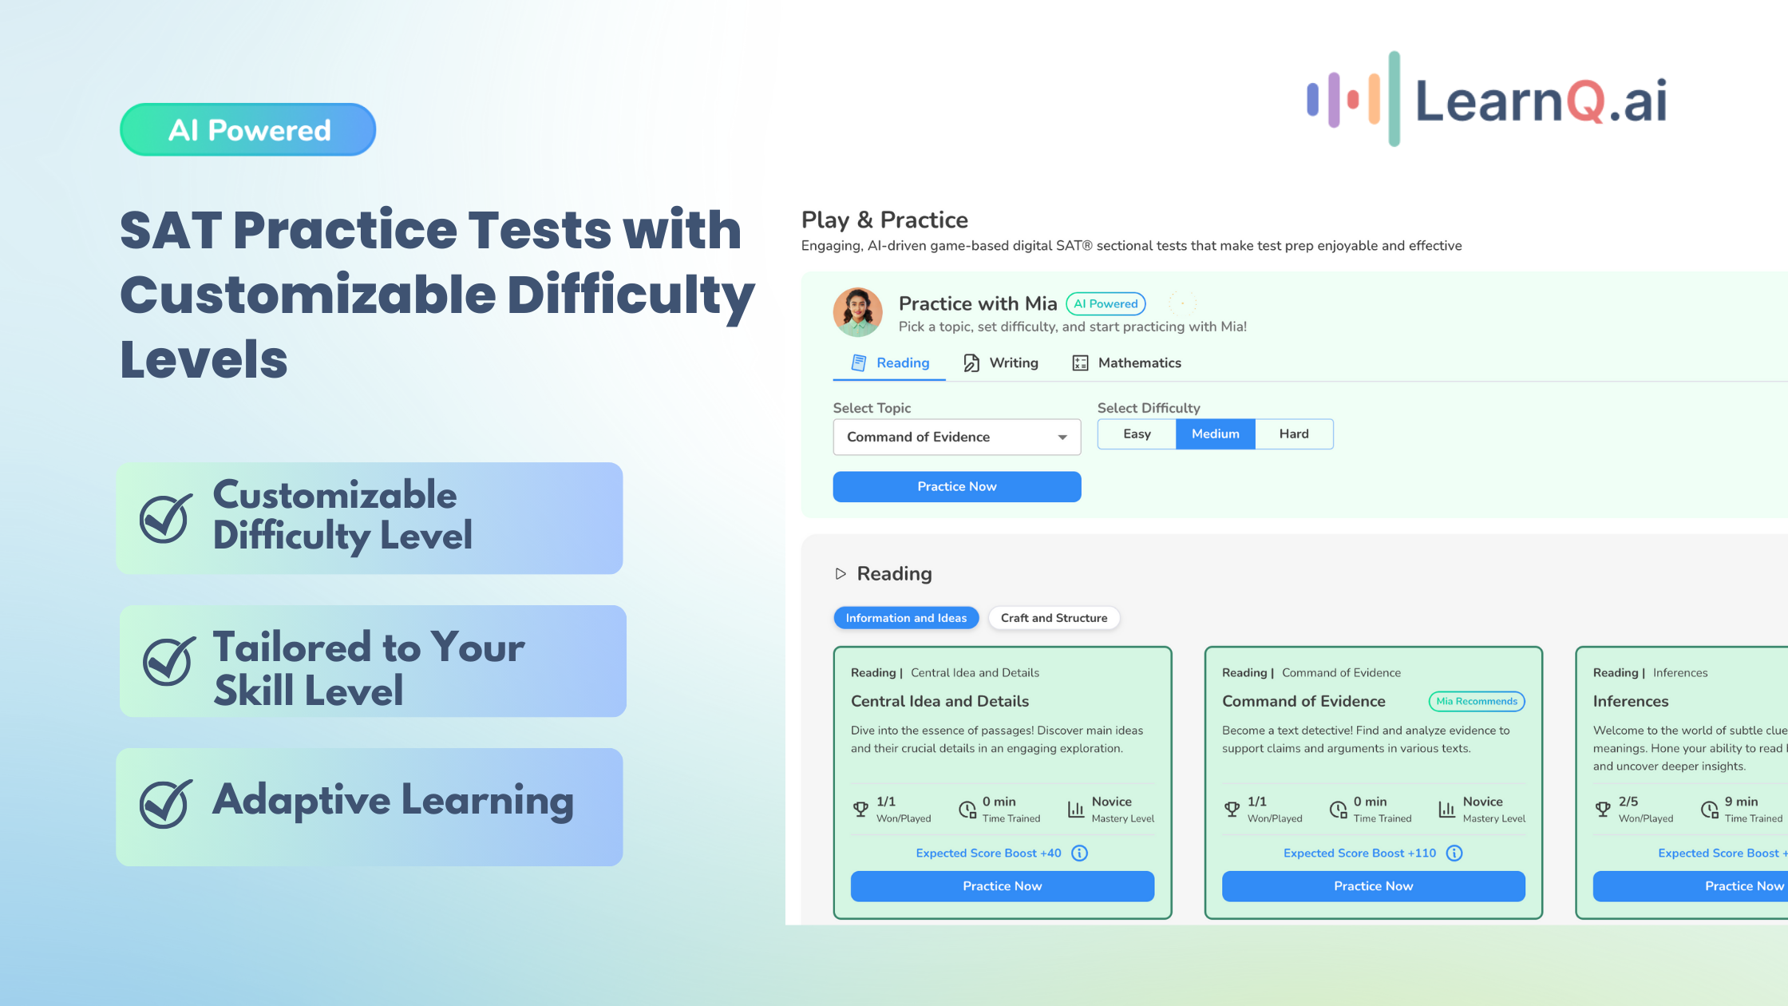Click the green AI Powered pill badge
pos(248,129)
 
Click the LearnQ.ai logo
pos(1486,100)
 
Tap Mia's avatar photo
pos(857,312)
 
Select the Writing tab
pos(1001,363)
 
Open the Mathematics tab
pos(1126,363)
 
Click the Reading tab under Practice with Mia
pos(890,363)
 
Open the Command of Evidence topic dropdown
pos(957,437)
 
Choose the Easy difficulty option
pos(1137,434)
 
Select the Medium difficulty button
pos(1216,434)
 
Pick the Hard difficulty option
pos(1294,434)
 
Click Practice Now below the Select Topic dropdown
pos(957,487)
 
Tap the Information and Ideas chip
pos(906,618)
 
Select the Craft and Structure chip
pos(1054,618)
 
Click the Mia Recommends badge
pos(1477,702)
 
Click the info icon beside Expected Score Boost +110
pos(1454,854)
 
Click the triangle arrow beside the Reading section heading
pos(841,574)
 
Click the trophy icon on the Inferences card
pos(1603,810)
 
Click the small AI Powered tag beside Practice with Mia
pos(1106,304)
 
